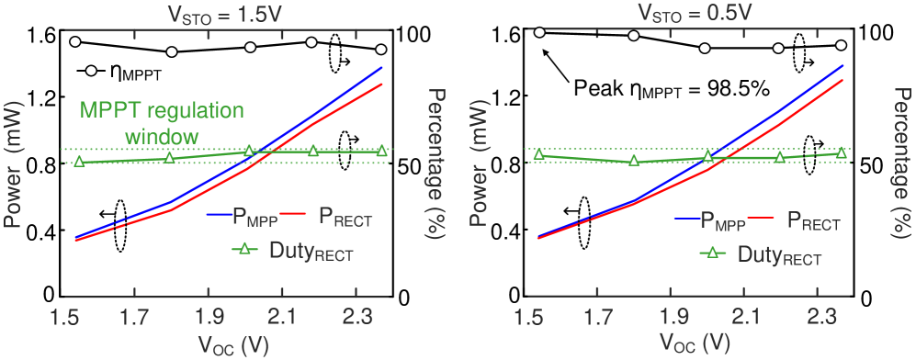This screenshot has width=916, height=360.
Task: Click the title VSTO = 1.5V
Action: click(x=227, y=15)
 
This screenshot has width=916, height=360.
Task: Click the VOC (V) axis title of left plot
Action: click(x=226, y=343)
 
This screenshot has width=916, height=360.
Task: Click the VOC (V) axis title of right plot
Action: click(x=691, y=343)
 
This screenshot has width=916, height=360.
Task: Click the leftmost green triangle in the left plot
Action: click(x=79, y=162)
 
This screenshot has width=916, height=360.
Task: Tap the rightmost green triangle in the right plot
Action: click(x=841, y=153)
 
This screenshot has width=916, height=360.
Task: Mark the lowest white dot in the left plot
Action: click(x=91, y=71)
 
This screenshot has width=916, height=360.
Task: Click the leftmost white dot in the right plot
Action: click(x=539, y=33)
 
